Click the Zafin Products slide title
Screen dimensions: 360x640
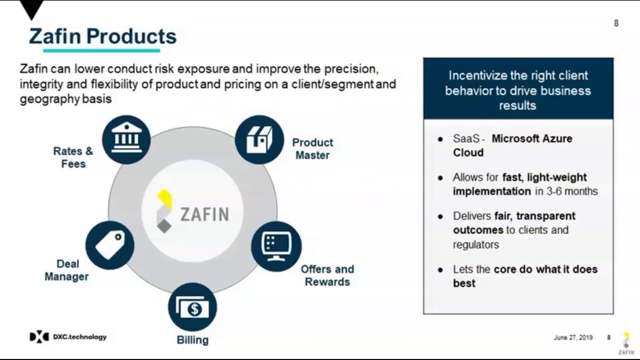click(102, 36)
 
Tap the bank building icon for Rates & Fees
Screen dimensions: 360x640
click(126, 139)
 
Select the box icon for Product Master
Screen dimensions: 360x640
click(259, 139)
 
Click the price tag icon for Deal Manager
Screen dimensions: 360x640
click(109, 245)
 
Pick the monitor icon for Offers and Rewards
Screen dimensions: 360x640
click(276, 246)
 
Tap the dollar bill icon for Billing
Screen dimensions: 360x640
click(192, 307)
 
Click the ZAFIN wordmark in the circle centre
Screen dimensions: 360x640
click(204, 214)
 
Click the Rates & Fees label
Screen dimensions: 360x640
click(73, 157)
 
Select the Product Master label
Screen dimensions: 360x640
click(312, 149)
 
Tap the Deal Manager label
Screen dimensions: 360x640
click(66, 270)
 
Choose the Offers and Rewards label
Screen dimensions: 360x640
click(327, 275)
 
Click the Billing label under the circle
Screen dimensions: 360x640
click(192, 340)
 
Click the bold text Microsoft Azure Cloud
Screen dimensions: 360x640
click(512, 145)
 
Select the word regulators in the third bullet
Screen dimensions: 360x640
click(475, 244)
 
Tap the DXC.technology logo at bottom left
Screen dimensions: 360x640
click(68, 337)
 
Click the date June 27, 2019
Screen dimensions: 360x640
click(573, 337)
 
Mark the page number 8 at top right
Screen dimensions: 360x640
click(616, 23)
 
